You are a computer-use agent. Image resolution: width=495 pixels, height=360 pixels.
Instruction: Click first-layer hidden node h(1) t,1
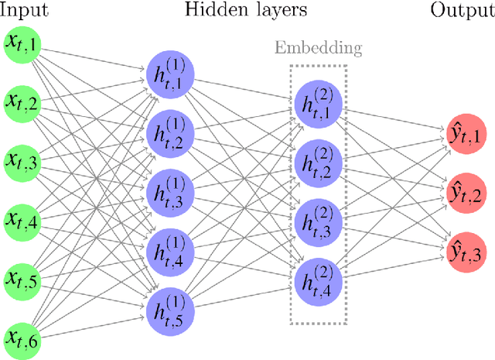(x=169, y=75)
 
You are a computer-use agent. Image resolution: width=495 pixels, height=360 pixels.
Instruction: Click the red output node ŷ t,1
(x=466, y=133)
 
